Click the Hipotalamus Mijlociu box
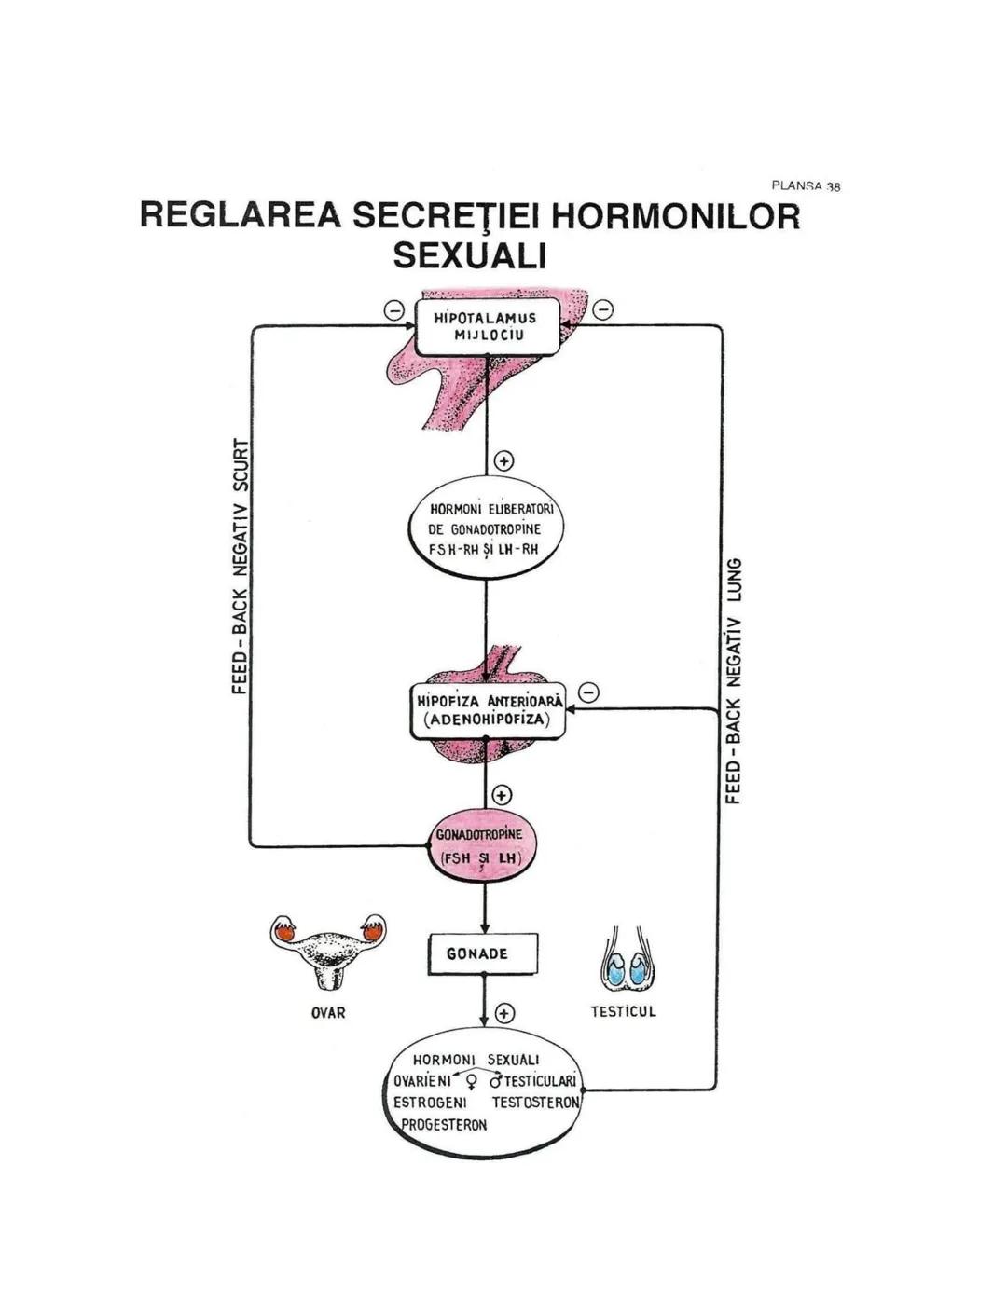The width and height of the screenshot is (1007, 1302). coord(487,326)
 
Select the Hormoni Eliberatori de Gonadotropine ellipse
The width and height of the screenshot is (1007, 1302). coord(485,528)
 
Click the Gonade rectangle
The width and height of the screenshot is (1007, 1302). coord(483,953)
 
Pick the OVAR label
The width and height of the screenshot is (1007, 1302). coord(328,1012)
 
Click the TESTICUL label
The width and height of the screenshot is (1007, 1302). coord(624,1011)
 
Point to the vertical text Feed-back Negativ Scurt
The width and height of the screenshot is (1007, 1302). coord(241,566)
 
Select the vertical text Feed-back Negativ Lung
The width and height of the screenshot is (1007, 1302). coord(735,680)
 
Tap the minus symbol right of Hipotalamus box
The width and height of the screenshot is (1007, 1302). coord(603,309)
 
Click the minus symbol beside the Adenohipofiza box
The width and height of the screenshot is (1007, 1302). coord(588,692)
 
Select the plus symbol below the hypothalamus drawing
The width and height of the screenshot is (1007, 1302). coord(504,461)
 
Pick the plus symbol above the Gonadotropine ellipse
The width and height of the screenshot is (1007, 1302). coord(502,795)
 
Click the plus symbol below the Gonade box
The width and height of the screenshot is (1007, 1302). coord(504,1013)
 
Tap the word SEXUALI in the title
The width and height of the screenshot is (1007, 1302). coord(469,254)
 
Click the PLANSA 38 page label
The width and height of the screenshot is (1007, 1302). coord(806,186)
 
